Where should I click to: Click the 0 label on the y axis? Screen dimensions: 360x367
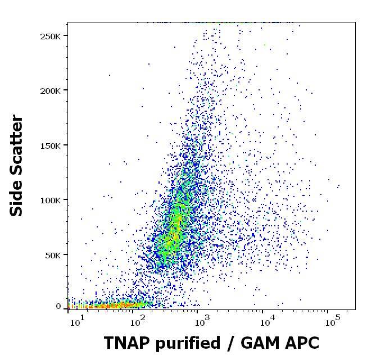(x=58, y=307)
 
